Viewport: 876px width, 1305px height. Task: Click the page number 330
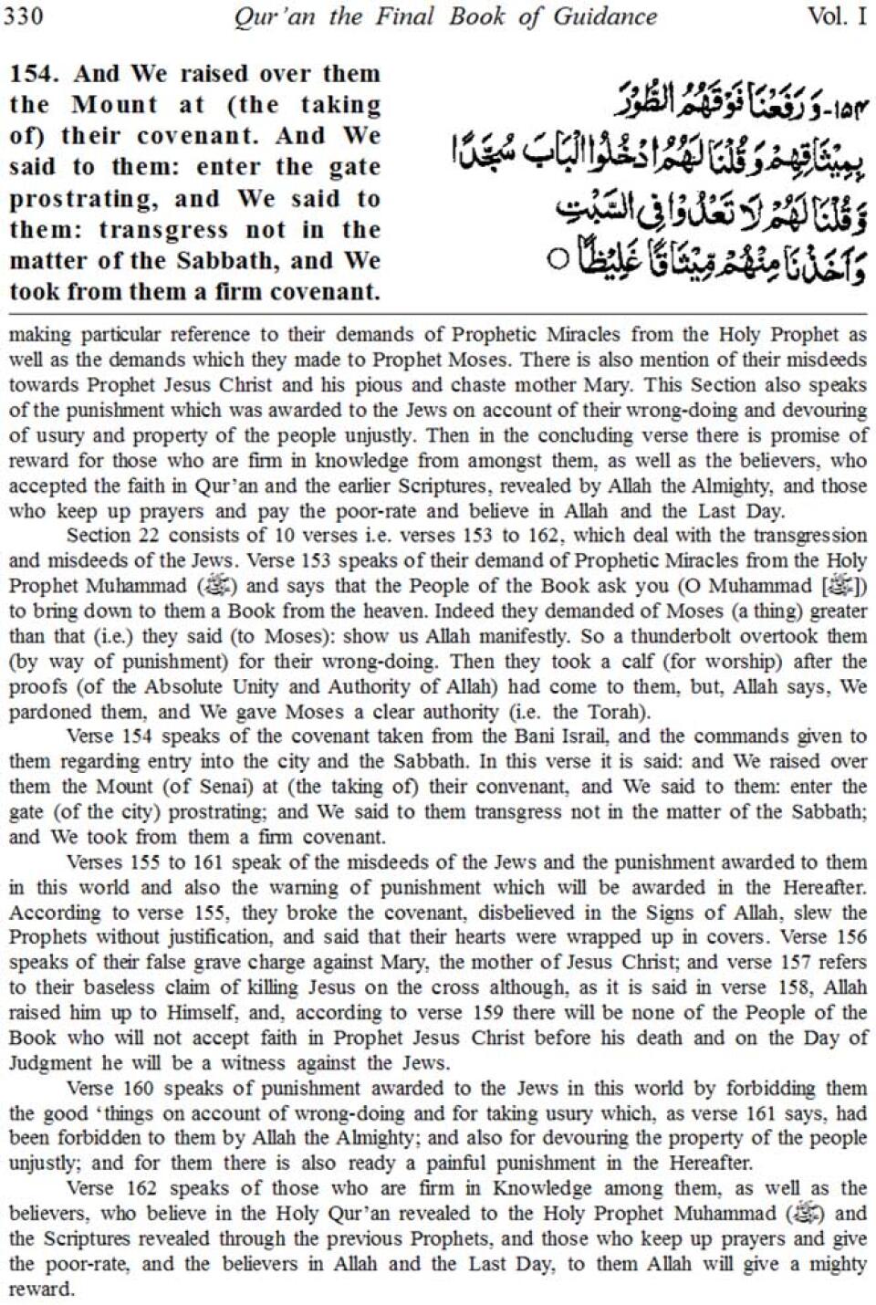(24, 16)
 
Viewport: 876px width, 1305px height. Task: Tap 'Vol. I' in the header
(837, 16)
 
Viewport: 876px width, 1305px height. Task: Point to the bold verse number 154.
(37, 74)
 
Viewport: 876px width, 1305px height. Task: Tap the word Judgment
(49, 1063)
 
